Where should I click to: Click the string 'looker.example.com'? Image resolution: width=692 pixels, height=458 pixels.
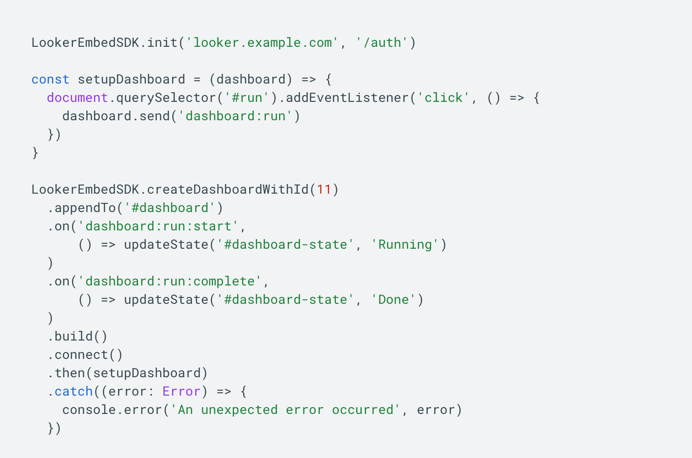(x=262, y=43)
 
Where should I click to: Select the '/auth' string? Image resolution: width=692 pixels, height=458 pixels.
(x=382, y=43)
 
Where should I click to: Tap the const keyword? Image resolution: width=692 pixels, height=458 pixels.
(x=50, y=79)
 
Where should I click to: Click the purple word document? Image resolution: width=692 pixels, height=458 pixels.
(x=78, y=98)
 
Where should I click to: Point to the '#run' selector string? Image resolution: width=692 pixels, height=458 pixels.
(x=247, y=98)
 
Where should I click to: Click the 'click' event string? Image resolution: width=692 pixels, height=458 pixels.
(x=443, y=98)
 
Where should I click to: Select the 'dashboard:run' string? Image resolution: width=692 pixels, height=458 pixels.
(x=235, y=116)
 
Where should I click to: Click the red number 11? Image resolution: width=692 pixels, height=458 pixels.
(x=324, y=190)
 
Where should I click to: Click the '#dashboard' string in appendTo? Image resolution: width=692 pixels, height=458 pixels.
(x=170, y=208)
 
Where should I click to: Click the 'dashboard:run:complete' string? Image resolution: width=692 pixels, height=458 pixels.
(x=170, y=281)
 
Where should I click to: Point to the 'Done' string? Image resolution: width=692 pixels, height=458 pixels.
(x=393, y=300)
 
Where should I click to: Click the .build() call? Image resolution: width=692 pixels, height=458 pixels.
(x=78, y=336)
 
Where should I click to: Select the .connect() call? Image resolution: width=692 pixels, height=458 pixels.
(x=85, y=355)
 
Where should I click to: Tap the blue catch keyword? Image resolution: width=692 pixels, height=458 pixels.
(x=73, y=391)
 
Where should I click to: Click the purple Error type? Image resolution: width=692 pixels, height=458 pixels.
(x=181, y=391)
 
